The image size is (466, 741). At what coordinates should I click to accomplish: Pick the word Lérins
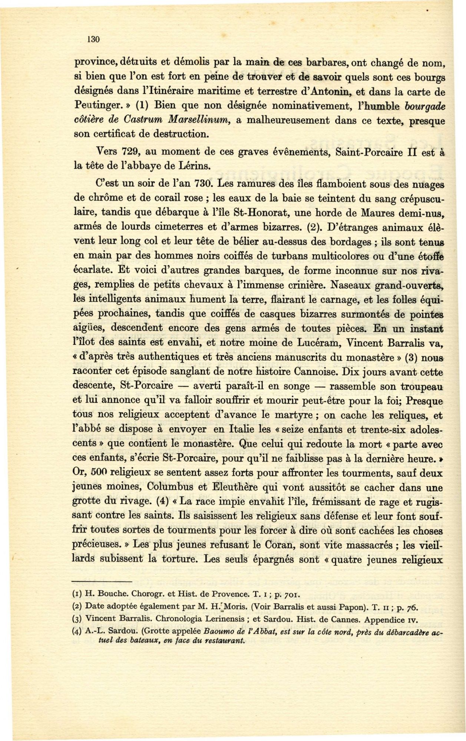[x=194, y=166]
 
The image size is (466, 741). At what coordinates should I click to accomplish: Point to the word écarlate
[x=90, y=271]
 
